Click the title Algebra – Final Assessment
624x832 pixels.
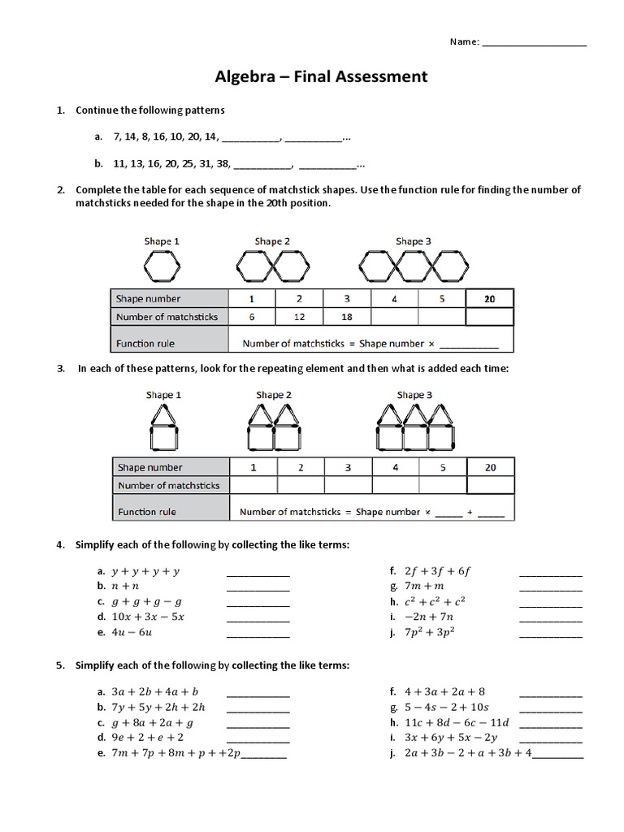320,77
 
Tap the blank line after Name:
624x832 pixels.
534,44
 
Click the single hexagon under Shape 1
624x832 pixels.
161,265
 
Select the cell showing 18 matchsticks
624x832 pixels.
347,317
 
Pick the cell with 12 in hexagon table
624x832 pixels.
299,317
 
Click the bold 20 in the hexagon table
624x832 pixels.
489,299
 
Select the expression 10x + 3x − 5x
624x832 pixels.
148,617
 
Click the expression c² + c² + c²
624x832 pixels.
435,601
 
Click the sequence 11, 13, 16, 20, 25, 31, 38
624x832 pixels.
172,163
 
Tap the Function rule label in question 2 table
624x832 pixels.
146,344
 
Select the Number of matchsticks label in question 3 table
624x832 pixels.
169,485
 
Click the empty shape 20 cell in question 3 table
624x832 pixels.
490,485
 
